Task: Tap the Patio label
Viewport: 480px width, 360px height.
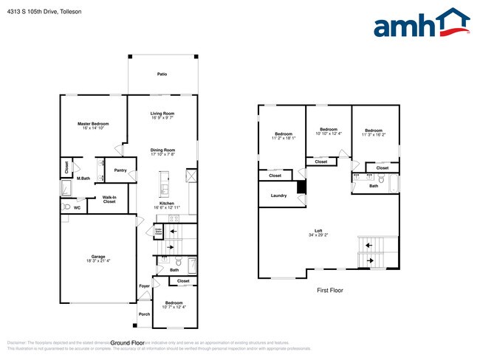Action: pos(162,75)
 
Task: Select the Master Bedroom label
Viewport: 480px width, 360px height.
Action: pos(93,123)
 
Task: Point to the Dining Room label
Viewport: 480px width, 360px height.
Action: pos(162,149)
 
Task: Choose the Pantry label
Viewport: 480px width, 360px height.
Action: pos(120,170)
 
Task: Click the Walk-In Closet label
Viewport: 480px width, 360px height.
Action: pos(109,199)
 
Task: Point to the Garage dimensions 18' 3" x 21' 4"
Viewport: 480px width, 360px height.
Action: pos(97,260)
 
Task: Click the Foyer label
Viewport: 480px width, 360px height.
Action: pos(144,285)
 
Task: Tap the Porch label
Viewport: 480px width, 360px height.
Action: pos(144,314)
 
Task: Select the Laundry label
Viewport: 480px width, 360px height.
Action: pos(278,195)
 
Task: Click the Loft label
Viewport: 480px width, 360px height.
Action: pos(318,230)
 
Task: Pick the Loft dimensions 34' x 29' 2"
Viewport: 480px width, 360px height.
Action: pos(318,235)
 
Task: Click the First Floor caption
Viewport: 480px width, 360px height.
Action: pos(330,290)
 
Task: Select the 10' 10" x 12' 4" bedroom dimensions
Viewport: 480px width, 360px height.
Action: pos(329,134)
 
